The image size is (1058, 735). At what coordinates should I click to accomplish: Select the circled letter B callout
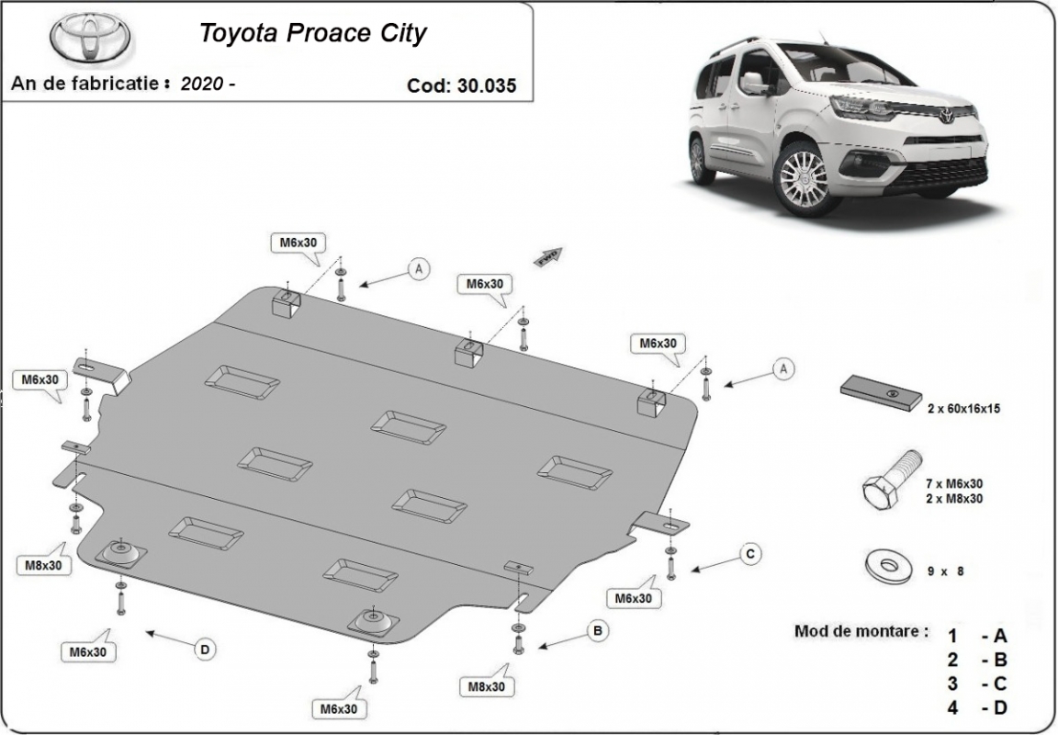click(x=598, y=631)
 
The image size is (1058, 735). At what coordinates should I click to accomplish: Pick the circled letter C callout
click(x=750, y=553)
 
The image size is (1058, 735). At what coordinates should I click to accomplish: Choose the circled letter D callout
click(x=205, y=650)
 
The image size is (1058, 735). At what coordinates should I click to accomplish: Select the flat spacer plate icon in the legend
click(x=882, y=392)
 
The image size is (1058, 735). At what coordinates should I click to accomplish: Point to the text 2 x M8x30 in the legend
click(x=954, y=499)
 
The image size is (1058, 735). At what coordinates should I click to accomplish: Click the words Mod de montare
click(x=861, y=632)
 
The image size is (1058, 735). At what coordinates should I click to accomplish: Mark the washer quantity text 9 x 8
click(x=946, y=571)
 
